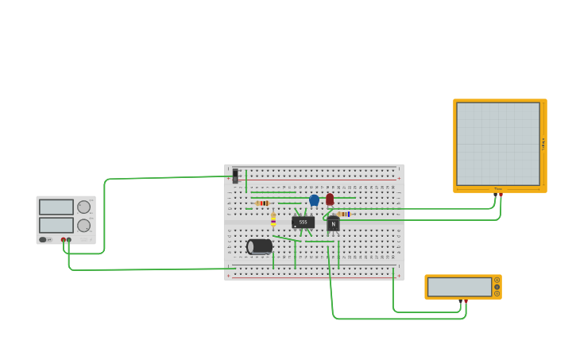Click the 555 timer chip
(303, 223)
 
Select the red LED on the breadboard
(330, 199)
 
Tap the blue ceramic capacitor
(314, 199)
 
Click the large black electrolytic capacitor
(260, 246)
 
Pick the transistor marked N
(333, 225)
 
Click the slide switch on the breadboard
(235, 175)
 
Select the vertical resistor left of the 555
(273, 219)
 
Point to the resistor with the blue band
(342, 214)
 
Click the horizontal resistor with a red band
(263, 203)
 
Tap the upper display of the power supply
(56, 207)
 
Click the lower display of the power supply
(56, 225)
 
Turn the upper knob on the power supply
(83, 207)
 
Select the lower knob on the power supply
(83, 225)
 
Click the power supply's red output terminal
(64, 239)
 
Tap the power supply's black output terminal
(69, 239)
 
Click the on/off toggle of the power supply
(43, 239)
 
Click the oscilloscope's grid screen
(498, 144)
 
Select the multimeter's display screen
(459, 286)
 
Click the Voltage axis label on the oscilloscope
(543, 144)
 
